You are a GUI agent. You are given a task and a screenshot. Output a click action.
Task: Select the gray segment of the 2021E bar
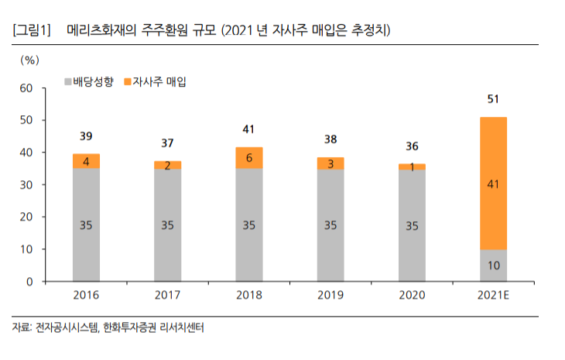click(x=492, y=266)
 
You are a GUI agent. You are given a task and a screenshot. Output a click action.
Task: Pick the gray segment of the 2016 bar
click(x=87, y=225)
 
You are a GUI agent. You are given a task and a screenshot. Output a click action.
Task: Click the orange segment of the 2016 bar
click(x=87, y=161)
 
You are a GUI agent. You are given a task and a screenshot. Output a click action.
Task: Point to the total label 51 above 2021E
click(x=492, y=99)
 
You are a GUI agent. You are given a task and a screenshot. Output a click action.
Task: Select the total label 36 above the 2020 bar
click(x=411, y=146)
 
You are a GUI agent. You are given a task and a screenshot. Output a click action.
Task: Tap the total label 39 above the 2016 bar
click(x=87, y=136)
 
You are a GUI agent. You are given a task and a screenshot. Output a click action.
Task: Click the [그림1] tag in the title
click(x=32, y=31)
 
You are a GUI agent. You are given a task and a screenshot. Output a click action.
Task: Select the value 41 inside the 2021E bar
click(x=492, y=184)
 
